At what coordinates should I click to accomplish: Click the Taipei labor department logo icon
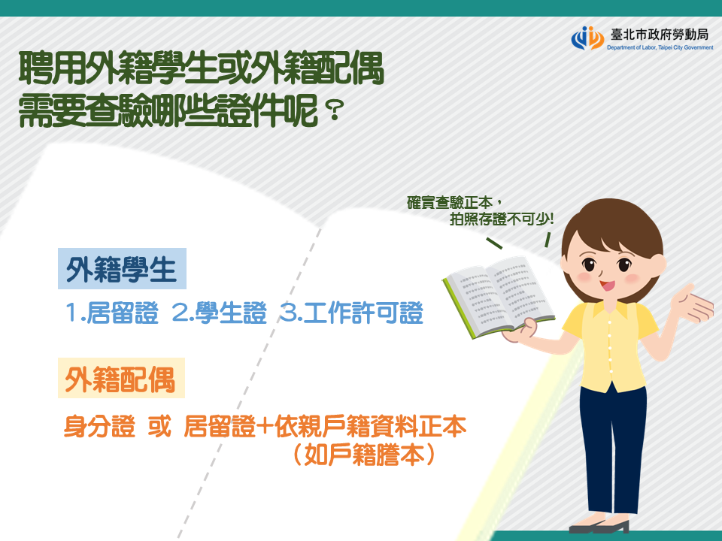click(x=587, y=38)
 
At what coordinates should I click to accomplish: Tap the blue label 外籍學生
click(x=122, y=269)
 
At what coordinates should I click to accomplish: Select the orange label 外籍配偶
click(x=120, y=378)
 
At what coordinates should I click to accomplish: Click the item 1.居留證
click(x=112, y=313)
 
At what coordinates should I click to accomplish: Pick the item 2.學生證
click(x=219, y=313)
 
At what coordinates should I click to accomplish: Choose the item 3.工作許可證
click(x=351, y=313)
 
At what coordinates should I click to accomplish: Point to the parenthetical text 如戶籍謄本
click(x=364, y=454)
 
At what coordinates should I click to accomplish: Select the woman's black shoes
click(x=599, y=526)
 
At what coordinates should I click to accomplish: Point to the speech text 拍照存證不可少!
click(x=502, y=219)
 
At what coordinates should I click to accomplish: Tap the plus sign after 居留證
click(x=264, y=427)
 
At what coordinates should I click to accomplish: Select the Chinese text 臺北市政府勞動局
click(x=660, y=35)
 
